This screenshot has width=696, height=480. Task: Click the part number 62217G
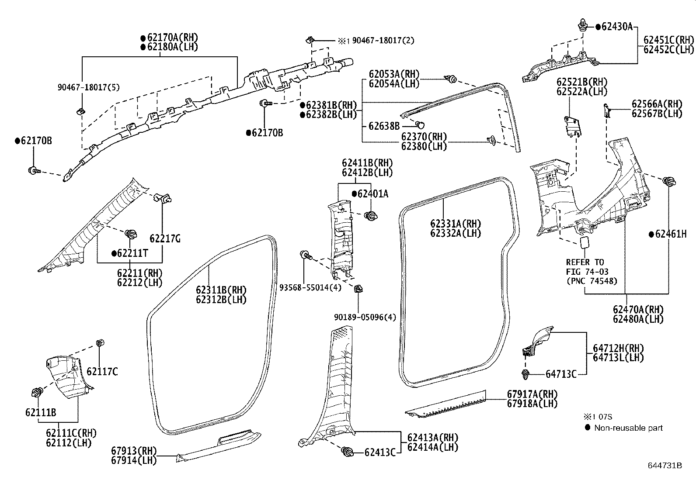pyautogui.click(x=165, y=238)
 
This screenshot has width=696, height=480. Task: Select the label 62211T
pyautogui.click(x=132, y=253)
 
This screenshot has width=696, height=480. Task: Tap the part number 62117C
pyautogui.click(x=102, y=372)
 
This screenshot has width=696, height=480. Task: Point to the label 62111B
pyautogui.click(x=41, y=413)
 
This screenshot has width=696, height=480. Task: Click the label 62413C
pyautogui.click(x=379, y=452)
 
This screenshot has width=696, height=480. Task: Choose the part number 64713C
pyautogui.click(x=561, y=374)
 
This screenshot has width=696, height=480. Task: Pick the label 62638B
pyautogui.click(x=384, y=126)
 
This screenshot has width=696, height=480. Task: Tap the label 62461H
pyautogui.click(x=670, y=234)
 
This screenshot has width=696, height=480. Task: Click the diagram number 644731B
pyautogui.click(x=665, y=465)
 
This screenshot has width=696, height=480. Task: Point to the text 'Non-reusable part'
pyautogui.click(x=628, y=428)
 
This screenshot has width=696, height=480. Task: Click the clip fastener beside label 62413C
pyautogui.click(x=348, y=452)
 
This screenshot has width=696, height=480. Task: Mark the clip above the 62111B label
pyautogui.click(x=37, y=392)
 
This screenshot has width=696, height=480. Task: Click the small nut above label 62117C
pyautogui.click(x=100, y=342)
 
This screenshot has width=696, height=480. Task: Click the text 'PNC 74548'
pyautogui.click(x=592, y=281)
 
